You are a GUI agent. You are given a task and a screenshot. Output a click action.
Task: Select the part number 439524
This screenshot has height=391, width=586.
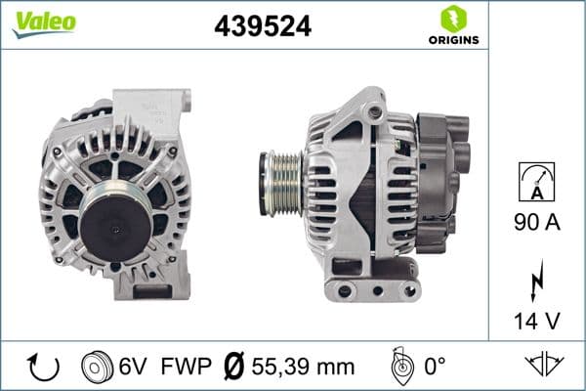point(263,26)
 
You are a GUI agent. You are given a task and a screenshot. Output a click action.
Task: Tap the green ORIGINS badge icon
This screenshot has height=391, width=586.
point(452,18)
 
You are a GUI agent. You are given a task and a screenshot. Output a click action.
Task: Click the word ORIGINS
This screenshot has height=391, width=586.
point(453,40)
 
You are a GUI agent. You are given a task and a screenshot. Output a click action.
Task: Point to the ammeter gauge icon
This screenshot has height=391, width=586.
point(537,182)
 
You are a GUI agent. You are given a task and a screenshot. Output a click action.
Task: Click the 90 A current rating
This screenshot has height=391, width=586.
point(537,222)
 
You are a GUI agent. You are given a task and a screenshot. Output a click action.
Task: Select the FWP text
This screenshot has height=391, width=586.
point(185,368)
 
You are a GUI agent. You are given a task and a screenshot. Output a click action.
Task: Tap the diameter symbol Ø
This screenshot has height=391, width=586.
point(233,368)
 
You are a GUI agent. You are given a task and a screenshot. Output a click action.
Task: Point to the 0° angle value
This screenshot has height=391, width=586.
point(437,368)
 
